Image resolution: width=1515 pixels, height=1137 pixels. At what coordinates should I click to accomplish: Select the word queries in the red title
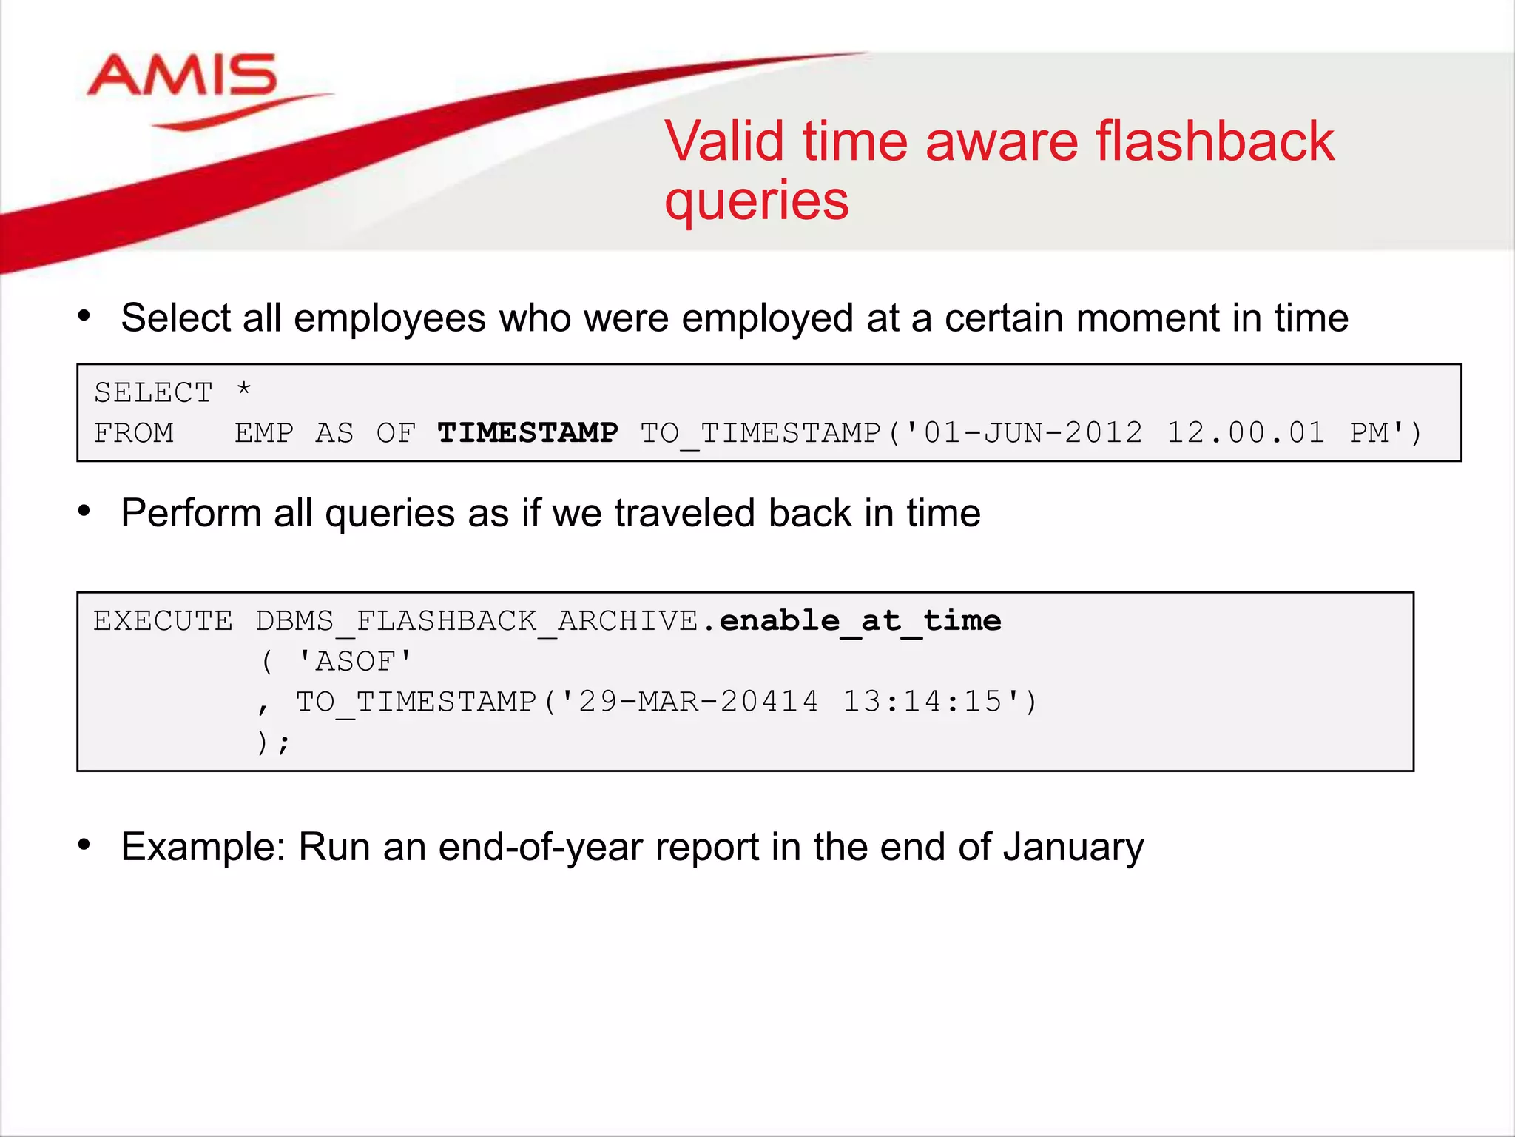pyautogui.click(x=756, y=201)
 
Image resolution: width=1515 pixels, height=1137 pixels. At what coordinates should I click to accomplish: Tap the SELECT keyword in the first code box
pyautogui.click(x=153, y=392)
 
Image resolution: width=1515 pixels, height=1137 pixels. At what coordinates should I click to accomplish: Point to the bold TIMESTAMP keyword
pyautogui.click(x=527, y=432)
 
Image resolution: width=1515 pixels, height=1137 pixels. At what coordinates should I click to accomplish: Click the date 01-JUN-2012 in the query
pyautogui.click(x=1033, y=432)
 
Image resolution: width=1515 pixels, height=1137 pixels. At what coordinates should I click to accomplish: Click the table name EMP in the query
pyautogui.click(x=264, y=432)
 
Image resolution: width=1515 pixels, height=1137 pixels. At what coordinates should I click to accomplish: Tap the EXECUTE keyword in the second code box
pyautogui.click(x=163, y=620)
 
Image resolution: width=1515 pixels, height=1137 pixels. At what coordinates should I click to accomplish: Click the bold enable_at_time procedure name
pyautogui.click(x=860, y=620)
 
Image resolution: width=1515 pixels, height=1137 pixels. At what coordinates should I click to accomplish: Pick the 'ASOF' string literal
pyautogui.click(x=355, y=660)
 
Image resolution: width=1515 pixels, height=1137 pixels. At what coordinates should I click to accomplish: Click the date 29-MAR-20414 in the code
pyautogui.click(x=698, y=701)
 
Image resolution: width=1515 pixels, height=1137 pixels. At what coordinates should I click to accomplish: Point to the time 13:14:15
pyautogui.click(x=922, y=701)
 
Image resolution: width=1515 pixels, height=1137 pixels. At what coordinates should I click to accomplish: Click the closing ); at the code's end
pyautogui.click(x=272, y=742)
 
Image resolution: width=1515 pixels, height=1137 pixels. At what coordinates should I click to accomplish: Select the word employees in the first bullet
pyautogui.click(x=389, y=318)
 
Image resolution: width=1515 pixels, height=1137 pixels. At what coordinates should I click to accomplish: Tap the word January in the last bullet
pyautogui.click(x=1073, y=847)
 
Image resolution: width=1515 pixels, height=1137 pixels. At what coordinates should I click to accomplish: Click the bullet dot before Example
pyautogui.click(x=84, y=844)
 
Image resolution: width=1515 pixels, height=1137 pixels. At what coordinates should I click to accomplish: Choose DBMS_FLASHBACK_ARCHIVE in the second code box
pyautogui.click(x=477, y=620)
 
